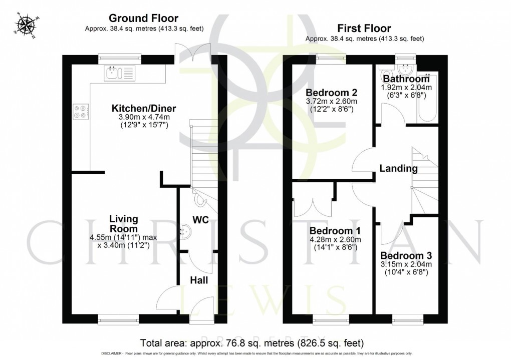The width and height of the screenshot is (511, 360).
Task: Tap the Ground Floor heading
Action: pyautogui.click(x=144, y=19)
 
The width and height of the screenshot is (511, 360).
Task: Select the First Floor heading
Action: pyautogui.click(x=365, y=28)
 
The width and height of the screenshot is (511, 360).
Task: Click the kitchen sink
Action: pyautogui.click(x=119, y=74)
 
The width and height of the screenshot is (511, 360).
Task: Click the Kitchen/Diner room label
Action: pyautogui.click(x=144, y=108)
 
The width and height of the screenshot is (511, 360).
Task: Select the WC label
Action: pyautogui.click(x=201, y=220)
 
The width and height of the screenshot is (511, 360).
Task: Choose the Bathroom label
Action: pyautogui.click(x=406, y=79)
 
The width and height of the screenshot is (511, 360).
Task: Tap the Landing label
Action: pyautogui.click(x=398, y=169)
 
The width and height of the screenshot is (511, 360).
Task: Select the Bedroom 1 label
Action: pyautogui.click(x=335, y=231)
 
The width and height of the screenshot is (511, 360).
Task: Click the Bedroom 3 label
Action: pyautogui.click(x=406, y=255)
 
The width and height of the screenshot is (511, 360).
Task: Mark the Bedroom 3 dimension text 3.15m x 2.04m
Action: pyautogui.click(x=406, y=264)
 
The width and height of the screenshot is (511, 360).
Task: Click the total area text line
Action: pyautogui.click(x=252, y=343)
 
